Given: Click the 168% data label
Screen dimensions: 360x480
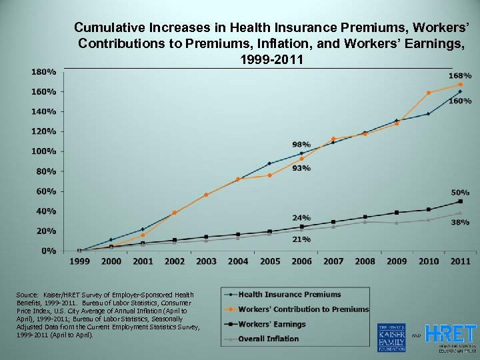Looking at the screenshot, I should tap(460, 76).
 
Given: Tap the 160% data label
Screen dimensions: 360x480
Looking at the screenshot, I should tap(460, 101).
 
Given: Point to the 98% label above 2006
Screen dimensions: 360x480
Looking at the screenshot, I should tap(301, 144).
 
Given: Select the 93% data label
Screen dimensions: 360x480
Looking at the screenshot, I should tap(301, 168).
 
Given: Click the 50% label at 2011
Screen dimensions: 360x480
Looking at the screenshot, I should tap(460, 192).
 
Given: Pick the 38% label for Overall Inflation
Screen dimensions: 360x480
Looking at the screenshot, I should tap(460, 223).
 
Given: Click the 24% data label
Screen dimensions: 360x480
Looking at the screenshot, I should tap(301, 217).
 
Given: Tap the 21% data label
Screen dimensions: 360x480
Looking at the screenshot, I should tap(301, 239).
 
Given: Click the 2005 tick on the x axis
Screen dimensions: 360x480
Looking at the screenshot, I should tap(270, 261).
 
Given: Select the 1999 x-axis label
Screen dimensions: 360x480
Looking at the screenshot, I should tap(79, 261).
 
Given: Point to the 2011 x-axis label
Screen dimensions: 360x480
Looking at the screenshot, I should tap(460, 261).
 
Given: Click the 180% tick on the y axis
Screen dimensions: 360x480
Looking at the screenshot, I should tap(43, 71).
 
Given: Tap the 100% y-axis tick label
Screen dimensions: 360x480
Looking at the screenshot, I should tap(43, 151).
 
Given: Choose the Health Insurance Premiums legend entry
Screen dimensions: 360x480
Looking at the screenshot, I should tap(289, 294).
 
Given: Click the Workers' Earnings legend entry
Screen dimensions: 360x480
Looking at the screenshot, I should tap(272, 324).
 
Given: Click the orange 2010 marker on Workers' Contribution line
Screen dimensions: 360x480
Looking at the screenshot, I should tap(429, 93).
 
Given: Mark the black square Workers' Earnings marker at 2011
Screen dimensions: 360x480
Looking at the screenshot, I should tap(460, 201).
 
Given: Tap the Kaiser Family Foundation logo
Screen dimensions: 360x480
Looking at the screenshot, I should tap(391, 337).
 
